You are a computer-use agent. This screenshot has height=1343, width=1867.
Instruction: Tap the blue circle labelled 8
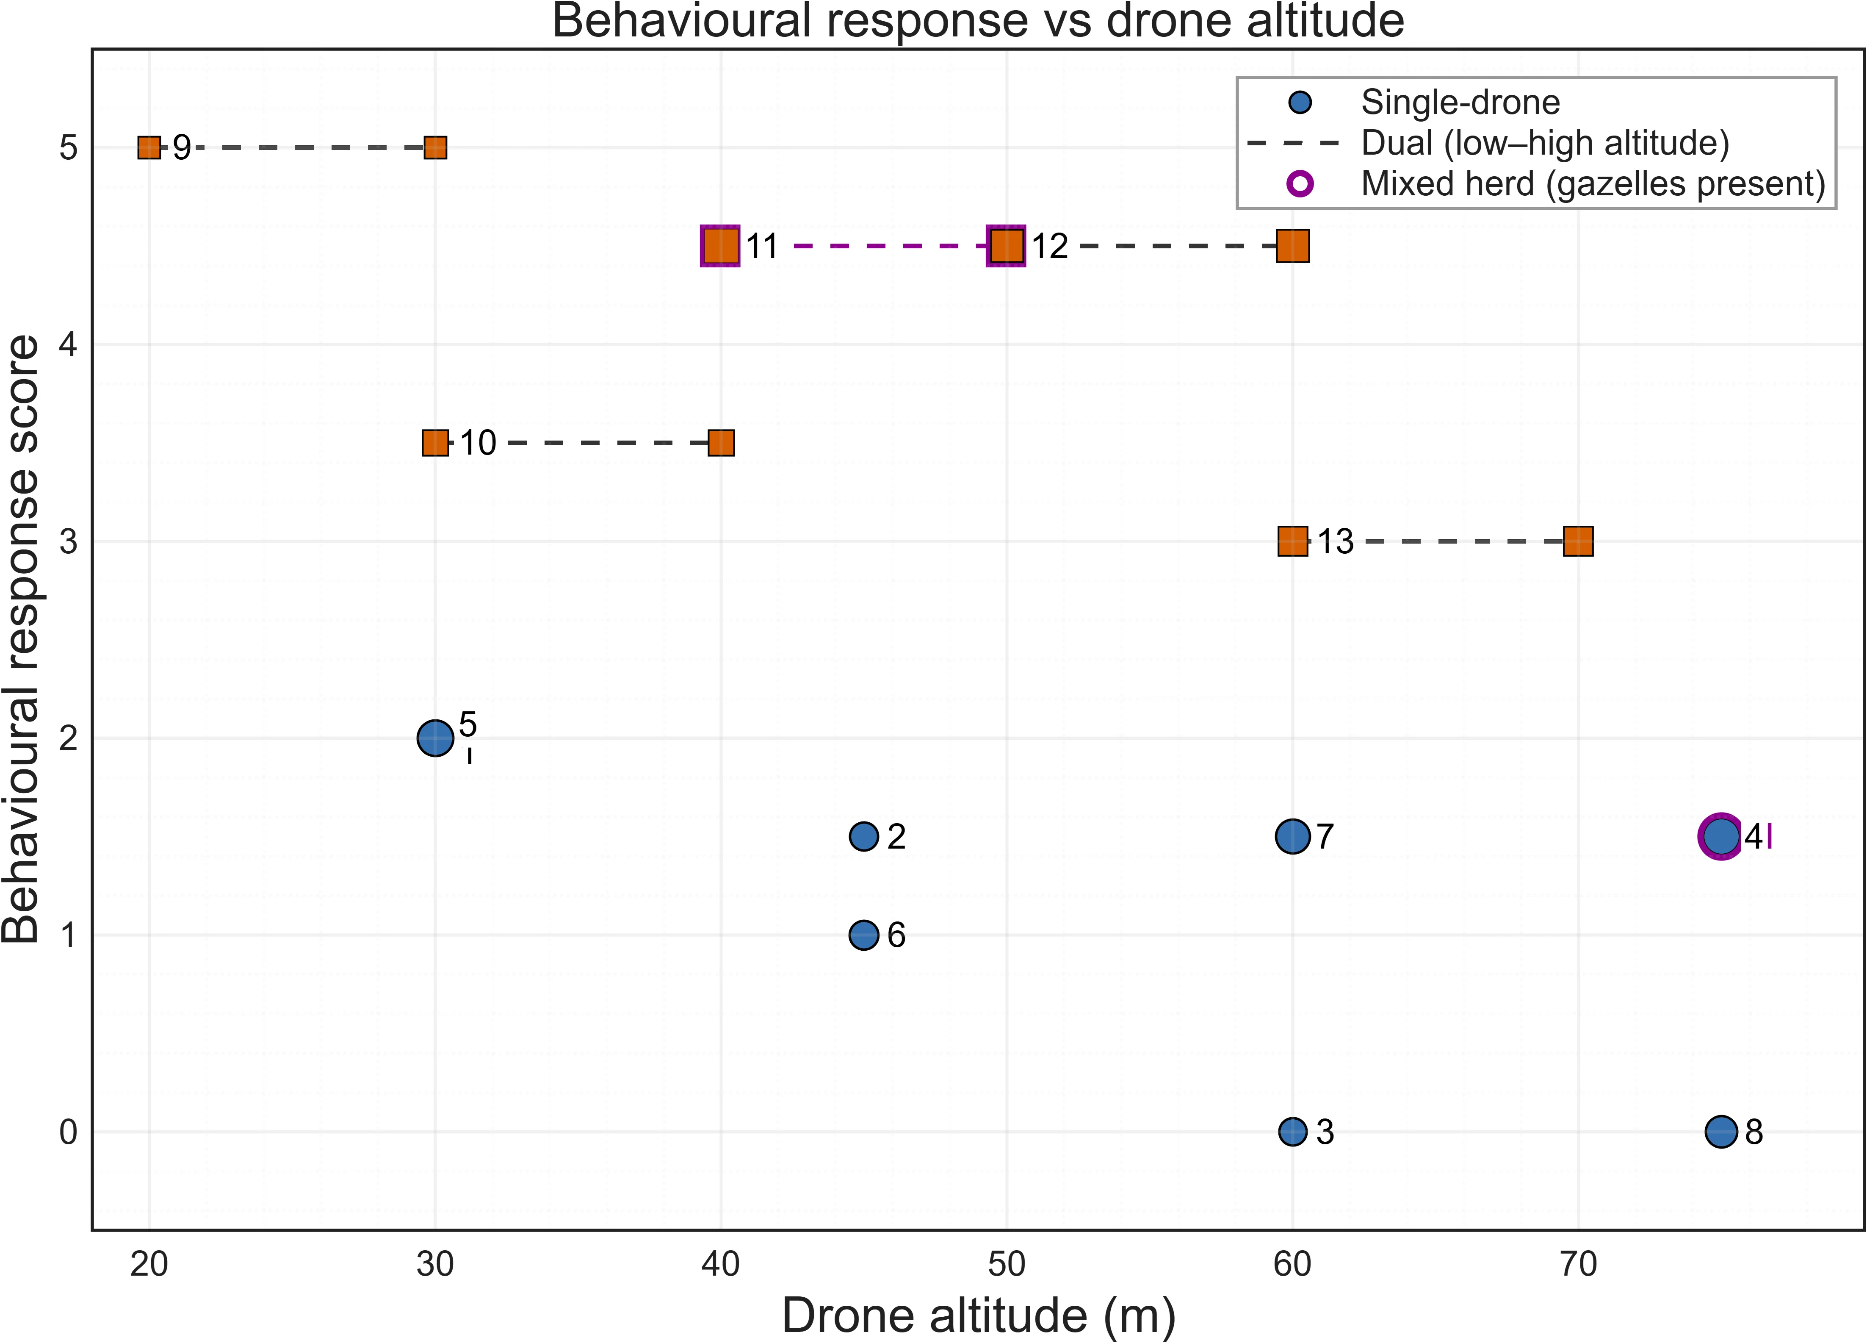click(1720, 1131)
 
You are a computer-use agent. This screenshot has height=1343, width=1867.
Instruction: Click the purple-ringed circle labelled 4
click(1720, 837)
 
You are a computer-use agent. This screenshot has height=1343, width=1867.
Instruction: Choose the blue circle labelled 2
click(863, 837)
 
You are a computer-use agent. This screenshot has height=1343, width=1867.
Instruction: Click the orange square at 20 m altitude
click(149, 148)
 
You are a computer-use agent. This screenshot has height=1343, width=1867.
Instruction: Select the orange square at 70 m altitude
click(1578, 541)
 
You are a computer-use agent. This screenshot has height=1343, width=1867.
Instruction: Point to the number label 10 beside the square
click(478, 443)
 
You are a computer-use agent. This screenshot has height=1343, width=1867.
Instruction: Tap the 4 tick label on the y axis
click(68, 344)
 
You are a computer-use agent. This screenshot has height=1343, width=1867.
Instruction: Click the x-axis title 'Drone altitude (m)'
click(977, 1315)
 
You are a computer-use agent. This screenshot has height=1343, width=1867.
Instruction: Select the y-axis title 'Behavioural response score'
click(22, 639)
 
